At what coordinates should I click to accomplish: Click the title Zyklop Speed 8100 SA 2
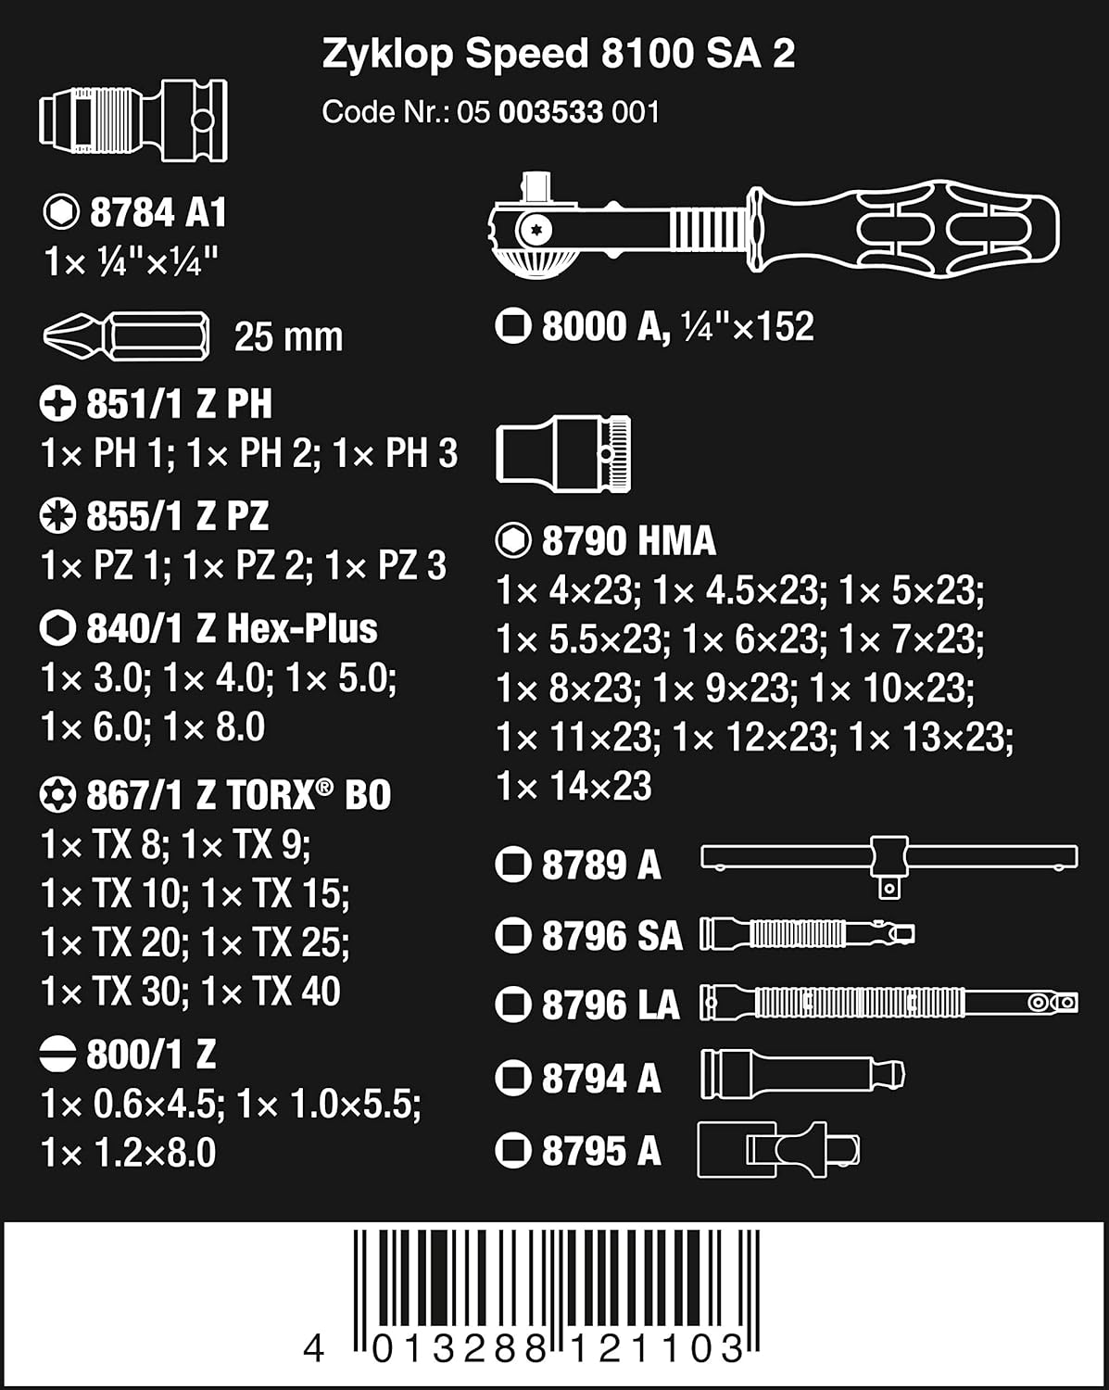point(558,55)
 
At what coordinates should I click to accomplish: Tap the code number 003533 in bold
point(550,112)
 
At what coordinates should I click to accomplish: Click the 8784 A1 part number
point(158,213)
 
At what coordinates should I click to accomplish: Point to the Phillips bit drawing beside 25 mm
point(126,335)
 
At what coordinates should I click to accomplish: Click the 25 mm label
point(288,336)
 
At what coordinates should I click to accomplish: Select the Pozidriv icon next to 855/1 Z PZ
point(57,516)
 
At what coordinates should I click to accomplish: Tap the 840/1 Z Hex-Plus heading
point(232,629)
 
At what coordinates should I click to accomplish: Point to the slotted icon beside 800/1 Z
point(57,1054)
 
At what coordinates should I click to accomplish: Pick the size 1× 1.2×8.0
point(129,1153)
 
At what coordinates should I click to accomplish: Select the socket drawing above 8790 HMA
point(563,453)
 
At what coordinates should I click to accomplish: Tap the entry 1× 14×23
point(574,786)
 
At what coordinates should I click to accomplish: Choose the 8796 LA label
point(610,1005)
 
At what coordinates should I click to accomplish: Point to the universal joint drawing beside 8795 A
point(777,1151)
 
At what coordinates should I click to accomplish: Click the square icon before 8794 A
point(512,1078)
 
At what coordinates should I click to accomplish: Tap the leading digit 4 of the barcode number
point(314,1348)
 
